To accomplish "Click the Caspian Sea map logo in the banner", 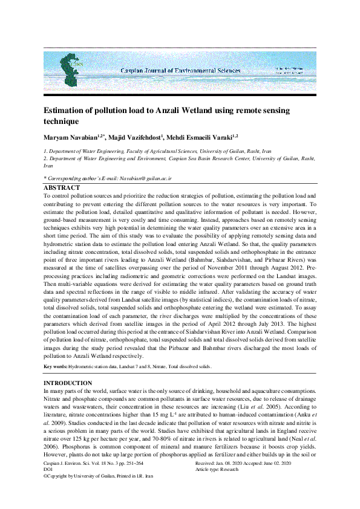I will (x=71, y=66).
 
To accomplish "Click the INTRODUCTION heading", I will (x=68, y=383).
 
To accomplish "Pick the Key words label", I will (x=55, y=367).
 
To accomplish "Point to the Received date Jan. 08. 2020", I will (x=231, y=479).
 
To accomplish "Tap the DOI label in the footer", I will (x=48, y=485).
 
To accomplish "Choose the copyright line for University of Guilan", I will (x=98, y=493).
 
